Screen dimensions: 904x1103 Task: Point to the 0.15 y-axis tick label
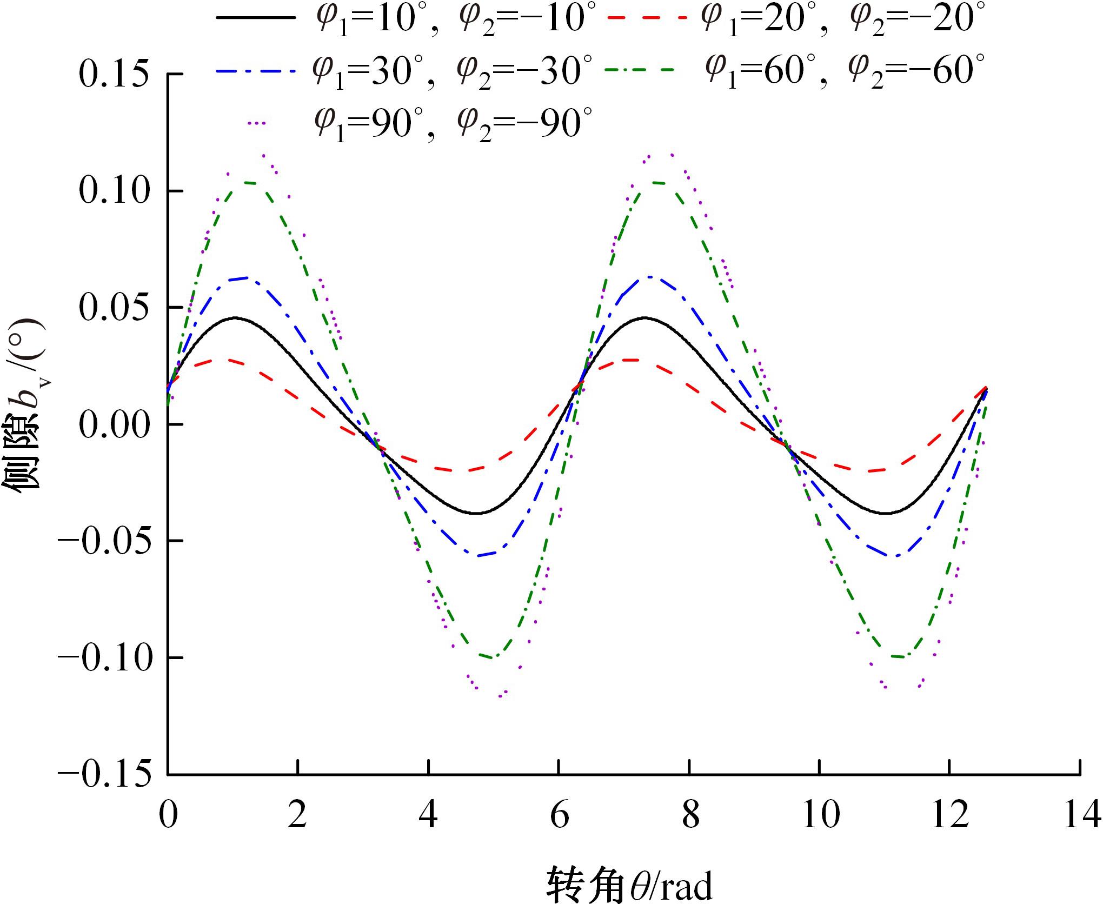coord(114,74)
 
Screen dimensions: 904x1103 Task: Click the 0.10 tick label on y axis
coord(114,191)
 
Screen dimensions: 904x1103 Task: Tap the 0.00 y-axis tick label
coord(114,425)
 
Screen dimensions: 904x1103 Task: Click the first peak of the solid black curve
coord(236,318)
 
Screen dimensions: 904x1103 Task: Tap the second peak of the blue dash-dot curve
coord(649,277)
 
